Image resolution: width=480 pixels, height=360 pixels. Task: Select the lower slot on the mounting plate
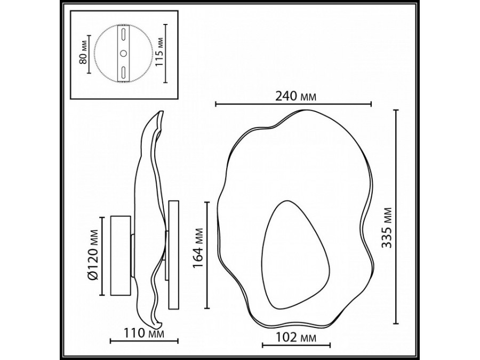point(123,72)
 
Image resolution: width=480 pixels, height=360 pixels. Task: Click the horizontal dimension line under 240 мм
point(293,104)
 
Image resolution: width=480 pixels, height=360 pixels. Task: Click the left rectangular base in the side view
point(120,255)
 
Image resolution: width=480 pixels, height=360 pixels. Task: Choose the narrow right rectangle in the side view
point(174,255)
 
